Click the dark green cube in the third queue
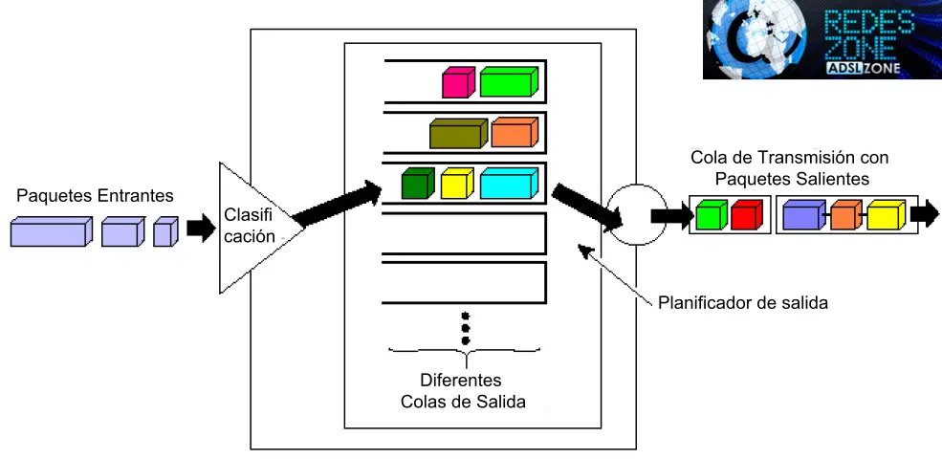(x=418, y=184)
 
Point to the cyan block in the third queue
(x=509, y=183)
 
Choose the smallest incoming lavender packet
(x=165, y=231)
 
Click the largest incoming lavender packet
(x=51, y=231)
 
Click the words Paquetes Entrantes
(x=96, y=196)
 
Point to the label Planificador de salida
(x=743, y=303)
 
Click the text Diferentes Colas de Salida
(x=464, y=389)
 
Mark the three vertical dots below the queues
(x=466, y=327)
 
